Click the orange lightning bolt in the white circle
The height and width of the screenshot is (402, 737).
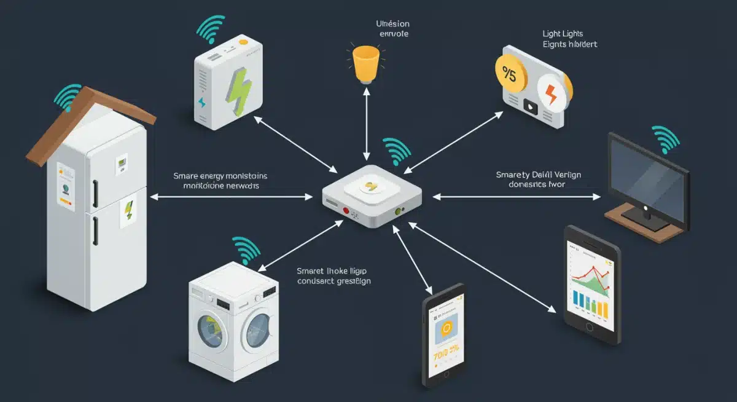coord(551,94)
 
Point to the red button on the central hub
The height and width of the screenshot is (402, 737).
coord(346,210)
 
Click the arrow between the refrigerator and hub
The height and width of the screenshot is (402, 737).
coord(231,197)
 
